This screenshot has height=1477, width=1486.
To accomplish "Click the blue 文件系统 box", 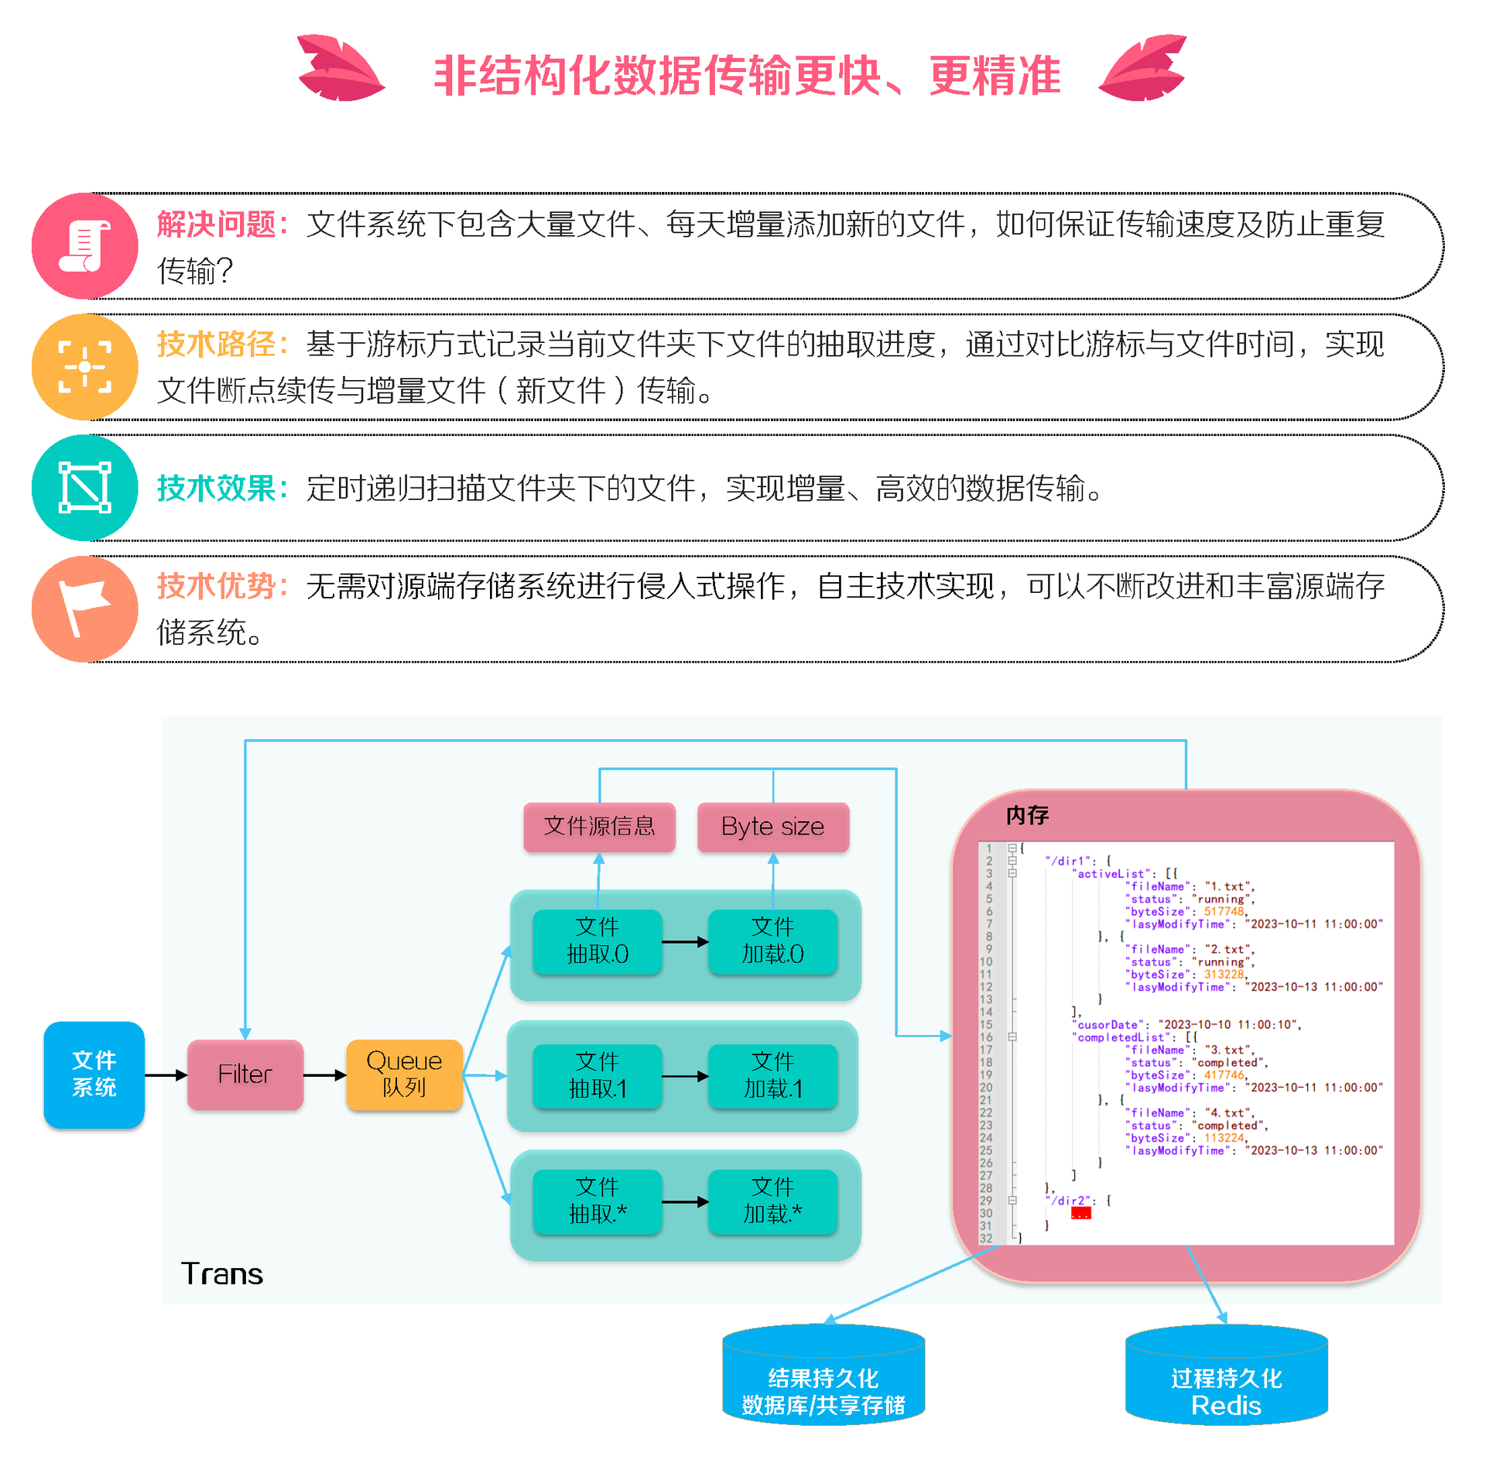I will coord(94,1074).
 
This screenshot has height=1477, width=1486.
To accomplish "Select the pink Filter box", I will coord(245,1074).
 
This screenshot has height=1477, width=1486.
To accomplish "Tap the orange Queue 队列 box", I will coord(404,1074).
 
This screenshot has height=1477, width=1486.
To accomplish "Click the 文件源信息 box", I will coord(599,827).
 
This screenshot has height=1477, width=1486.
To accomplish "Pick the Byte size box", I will coord(772,827).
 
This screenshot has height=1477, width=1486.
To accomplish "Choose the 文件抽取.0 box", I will coord(597,941).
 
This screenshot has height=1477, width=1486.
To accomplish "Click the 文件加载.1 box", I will coord(772,1075).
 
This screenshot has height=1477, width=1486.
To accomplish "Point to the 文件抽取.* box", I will coord(597,1201).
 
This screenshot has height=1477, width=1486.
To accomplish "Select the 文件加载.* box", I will coord(772,1201).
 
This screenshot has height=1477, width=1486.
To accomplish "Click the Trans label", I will coord(222,1274).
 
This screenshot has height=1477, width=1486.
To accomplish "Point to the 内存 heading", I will coord(1027,815).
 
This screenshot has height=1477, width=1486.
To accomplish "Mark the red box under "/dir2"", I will coord(1080,1213).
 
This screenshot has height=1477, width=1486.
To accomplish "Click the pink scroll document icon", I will coord(85,245).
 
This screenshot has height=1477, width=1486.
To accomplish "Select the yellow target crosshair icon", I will coord(85,367).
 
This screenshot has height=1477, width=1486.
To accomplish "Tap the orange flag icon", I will coord(85,608).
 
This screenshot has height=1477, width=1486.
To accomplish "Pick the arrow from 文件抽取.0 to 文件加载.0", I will coord(685,941).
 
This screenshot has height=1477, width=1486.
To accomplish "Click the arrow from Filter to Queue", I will coord(325,1074).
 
